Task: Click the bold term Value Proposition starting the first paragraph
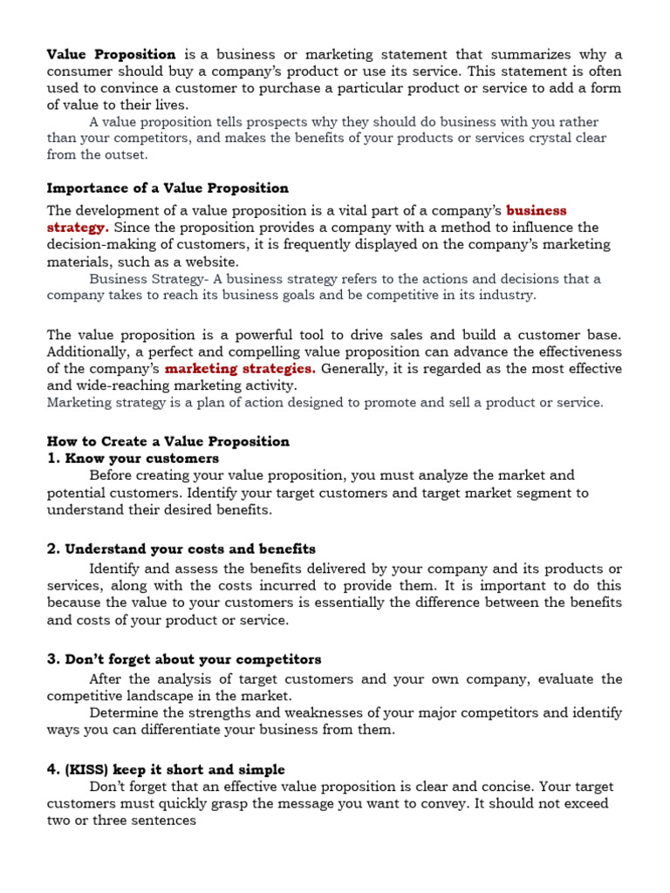(111, 54)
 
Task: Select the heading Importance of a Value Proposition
(167, 187)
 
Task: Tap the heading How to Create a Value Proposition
(167, 441)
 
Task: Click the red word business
(537, 210)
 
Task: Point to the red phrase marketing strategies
(241, 368)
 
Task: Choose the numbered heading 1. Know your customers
(133, 458)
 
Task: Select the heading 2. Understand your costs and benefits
(181, 549)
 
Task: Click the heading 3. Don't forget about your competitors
(184, 658)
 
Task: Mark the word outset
(126, 154)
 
